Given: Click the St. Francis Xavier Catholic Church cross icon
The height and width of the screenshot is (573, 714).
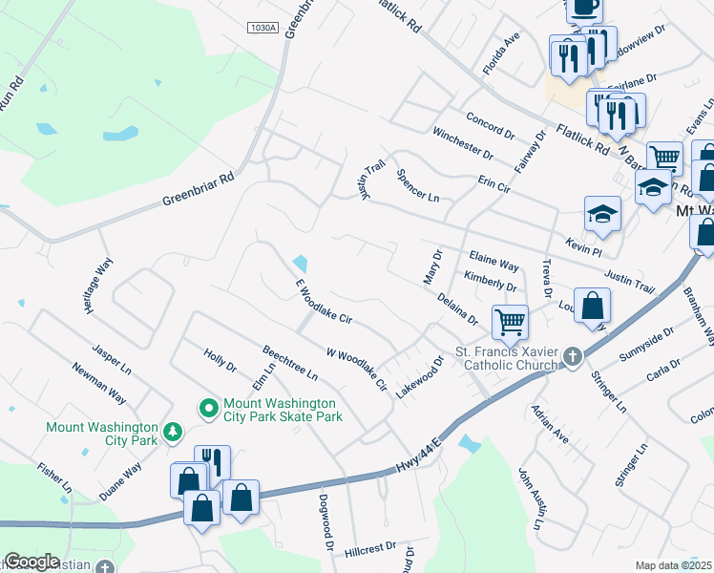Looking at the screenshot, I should pyautogui.click(x=572, y=357).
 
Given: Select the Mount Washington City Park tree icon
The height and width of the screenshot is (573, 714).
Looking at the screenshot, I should pyautogui.click(x=173, y=434).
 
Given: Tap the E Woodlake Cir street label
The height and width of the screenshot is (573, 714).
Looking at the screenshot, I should pyautogui.click(x=325, y=302).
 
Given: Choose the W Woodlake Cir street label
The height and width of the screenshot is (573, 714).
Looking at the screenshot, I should pyautogui.click(x=356, y=371).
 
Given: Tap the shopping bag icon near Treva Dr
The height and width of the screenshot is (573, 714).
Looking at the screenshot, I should pyautogui.click(x=592, y=308).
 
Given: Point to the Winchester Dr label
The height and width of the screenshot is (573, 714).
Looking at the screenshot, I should pyautogui.click(x=462, y=142).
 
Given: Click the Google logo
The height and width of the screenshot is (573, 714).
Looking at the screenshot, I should pyautogui.click(x=31, y=562).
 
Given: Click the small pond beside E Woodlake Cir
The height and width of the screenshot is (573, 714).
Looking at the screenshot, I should pyautogui.click(x=302, y=263).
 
